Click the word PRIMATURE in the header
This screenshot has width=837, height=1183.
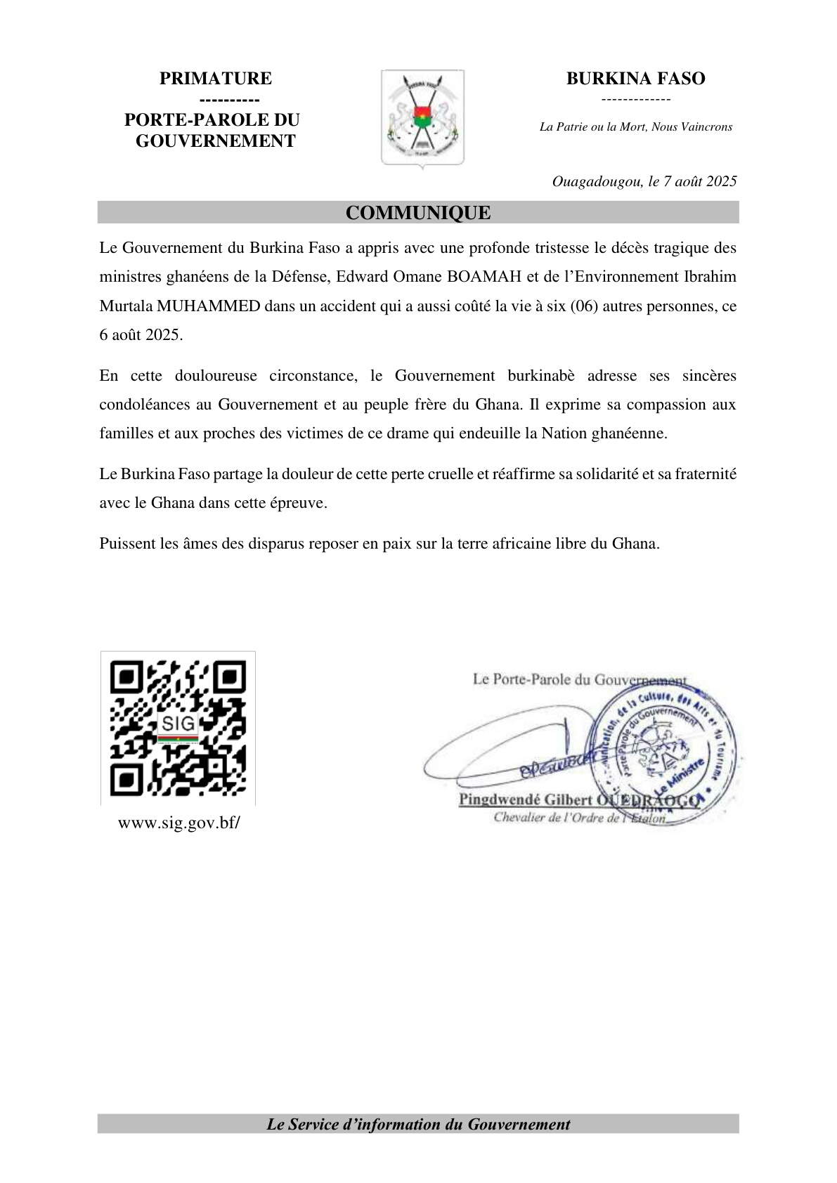point(215,79)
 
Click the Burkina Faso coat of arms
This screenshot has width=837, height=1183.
point(422,117)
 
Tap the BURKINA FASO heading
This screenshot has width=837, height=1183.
point(635,79)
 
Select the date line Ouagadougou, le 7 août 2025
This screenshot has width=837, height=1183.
point(644,181)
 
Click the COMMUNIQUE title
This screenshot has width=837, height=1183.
point(418,213)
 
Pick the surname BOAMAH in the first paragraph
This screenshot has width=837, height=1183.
point(484,277)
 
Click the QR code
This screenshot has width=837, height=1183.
point(178,728)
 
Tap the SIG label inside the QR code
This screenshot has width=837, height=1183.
point(178,723)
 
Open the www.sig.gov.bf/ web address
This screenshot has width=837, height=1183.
point(179,823)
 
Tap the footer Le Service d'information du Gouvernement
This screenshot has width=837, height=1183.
point(418,1124)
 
